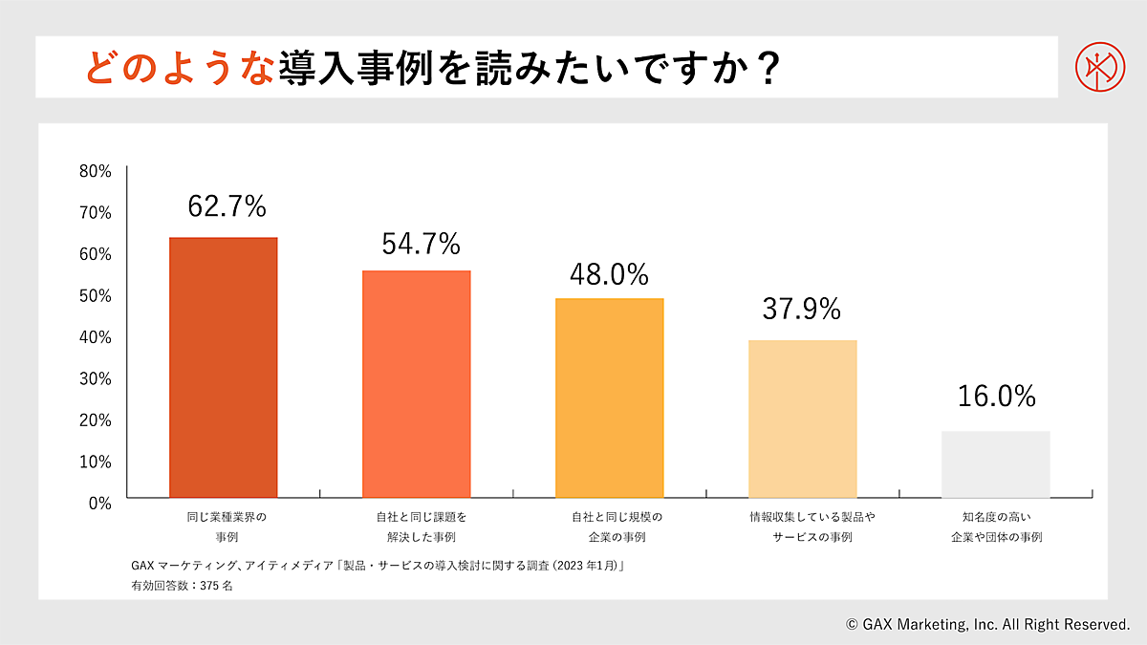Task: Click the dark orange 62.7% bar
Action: point(223,367)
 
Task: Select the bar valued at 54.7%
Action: point(416,383)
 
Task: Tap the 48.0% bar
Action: point(609,398)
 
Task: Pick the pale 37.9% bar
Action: point(802,419)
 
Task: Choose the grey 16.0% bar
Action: point(995,463)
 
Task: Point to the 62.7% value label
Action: point(227,206)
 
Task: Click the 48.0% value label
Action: point(609,275)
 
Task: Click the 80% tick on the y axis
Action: point(96,172)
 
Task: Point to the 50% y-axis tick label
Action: point(96,295)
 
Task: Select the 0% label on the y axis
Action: point(99,503)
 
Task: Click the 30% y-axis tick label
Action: point(96,378)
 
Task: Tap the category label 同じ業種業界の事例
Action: point(226,527)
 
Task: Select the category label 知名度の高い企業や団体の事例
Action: point(995,527)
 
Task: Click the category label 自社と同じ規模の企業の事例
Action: point(609,527)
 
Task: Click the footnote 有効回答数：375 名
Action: point(182,586)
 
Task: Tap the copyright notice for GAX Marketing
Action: point(987,624)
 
